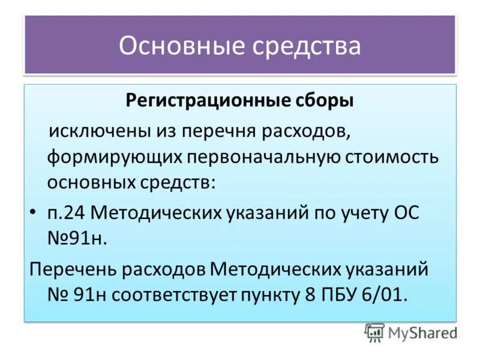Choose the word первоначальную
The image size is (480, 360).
click(x=263, y=157)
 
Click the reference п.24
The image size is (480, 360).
click(x=67, y=213)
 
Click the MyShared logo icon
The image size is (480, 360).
click(x=374, y=332)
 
